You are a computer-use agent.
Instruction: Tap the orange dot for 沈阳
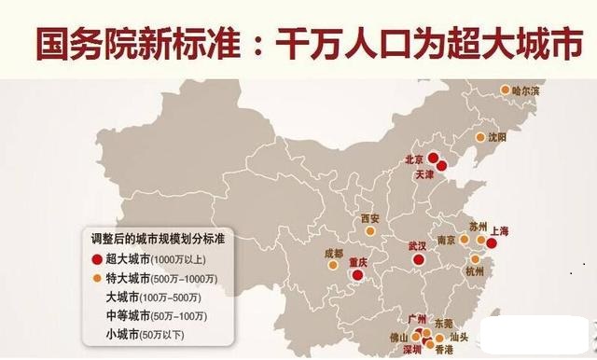click(x=479, y=136)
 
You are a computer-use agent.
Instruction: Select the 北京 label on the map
click(x=414, y=159)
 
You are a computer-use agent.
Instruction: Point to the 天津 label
click(x=425, y=174)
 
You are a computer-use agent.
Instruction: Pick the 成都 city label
click(x=333, y=254)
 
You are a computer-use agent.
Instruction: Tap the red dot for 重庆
click(x=357, y=277)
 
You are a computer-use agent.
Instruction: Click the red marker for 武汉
click(x=417, y=262)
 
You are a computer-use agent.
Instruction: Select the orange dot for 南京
click(x=464, y=240)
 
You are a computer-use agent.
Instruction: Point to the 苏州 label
click(x=479, y=227)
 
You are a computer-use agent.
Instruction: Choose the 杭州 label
click(x=475, y=271)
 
